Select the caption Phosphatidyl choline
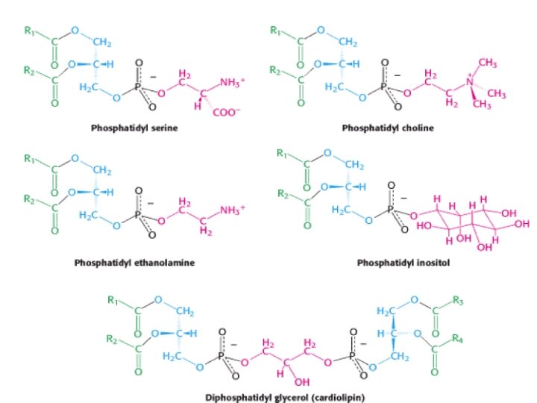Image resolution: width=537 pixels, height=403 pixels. (388, 128)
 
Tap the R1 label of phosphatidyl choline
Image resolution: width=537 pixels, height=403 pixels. (276, 31)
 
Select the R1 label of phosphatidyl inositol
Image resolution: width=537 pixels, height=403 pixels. (281, 154)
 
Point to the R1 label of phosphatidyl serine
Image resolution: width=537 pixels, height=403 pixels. (29, 31)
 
